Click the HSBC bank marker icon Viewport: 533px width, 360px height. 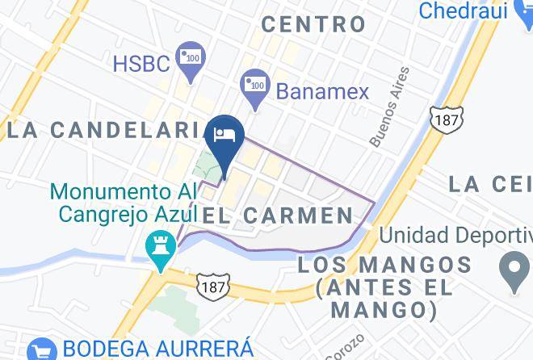click(x=192, y=59)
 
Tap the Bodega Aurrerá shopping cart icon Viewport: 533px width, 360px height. click(x=40, y=350)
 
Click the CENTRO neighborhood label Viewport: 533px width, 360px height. click(x=314, y=23)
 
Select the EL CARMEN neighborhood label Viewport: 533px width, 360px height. click(x=278, y=215)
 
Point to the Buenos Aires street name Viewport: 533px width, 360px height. click(x=388, y=107)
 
